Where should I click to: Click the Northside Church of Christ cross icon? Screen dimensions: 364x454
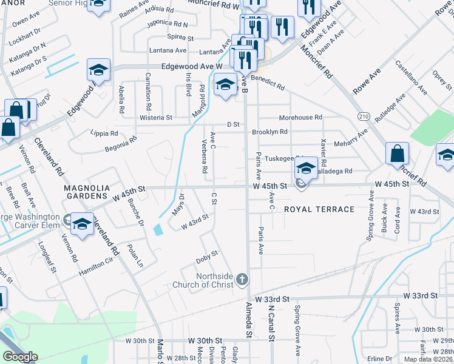242,279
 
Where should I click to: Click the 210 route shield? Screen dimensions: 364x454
364,116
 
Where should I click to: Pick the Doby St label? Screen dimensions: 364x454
207,257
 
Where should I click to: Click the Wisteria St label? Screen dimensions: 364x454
157,117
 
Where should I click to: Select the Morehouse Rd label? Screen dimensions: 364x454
300,117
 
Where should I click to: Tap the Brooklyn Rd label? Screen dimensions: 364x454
269,132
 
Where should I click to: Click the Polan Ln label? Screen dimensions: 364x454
135,255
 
